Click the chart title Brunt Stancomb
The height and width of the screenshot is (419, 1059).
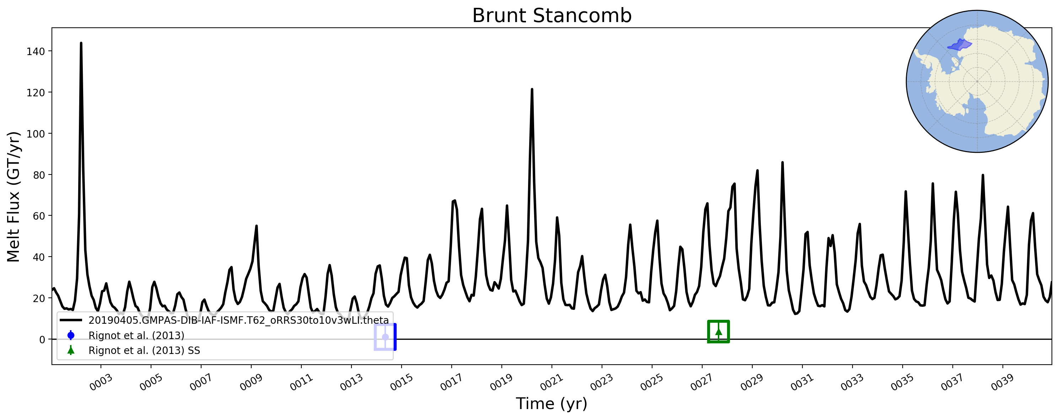551,16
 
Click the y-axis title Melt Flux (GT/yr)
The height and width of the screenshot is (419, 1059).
13,197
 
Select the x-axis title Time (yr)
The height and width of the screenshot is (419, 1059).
551,403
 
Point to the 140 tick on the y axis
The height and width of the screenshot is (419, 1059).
36,52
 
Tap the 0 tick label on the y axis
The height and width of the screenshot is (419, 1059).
42,340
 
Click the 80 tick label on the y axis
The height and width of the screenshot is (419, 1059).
39,175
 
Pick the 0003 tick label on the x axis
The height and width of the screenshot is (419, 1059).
101,382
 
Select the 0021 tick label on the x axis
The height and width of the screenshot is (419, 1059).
552,382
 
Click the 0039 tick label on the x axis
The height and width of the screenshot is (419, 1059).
1002,382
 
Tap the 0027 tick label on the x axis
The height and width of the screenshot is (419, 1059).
702,382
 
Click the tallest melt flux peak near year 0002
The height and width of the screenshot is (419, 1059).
81,43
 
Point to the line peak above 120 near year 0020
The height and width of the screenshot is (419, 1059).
532,89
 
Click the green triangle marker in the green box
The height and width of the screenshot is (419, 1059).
719,332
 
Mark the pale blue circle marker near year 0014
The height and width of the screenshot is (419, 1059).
385,337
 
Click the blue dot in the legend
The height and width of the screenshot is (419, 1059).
71,335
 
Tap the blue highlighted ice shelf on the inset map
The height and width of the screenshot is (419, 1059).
959,45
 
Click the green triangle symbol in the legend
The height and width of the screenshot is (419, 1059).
71,350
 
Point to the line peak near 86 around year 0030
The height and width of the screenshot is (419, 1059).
782,162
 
